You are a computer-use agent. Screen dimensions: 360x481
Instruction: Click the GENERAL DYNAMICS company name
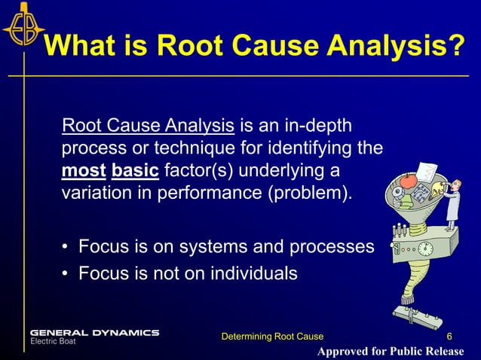tap(94, 332)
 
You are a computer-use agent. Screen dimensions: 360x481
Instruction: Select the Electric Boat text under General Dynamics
tap(52, 341)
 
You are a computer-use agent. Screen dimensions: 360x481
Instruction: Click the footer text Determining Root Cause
tap(271, 336)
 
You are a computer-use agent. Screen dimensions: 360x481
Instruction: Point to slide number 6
tap(449, 336)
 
